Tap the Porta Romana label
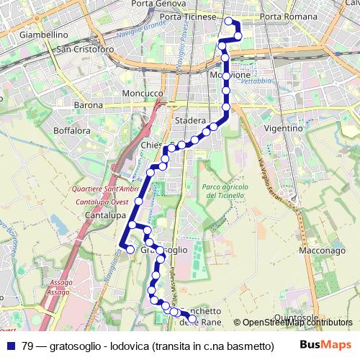(x=289, y=17)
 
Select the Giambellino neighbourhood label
(x=44, y=35)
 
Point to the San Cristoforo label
(x=85, y=50)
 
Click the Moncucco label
(x=144, y=94)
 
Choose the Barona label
(x=89, y=105)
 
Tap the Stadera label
(x=191, y=121)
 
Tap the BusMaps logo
(x=325, y=345)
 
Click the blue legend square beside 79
(x=11, y=346)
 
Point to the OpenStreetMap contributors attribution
(x=293, y=323)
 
